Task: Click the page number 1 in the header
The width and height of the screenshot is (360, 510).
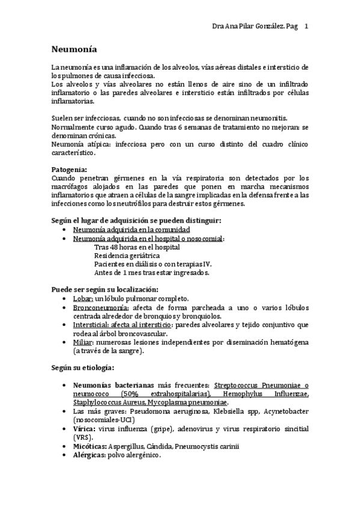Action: [307, 26]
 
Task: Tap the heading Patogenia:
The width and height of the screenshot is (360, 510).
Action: [69, 170]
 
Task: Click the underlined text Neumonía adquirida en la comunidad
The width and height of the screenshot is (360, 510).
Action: [131, 230]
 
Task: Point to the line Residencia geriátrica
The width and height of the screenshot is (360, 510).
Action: [126, 255]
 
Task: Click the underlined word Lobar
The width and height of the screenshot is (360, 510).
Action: [82, 298]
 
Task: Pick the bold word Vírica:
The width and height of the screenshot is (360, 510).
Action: [84, 429]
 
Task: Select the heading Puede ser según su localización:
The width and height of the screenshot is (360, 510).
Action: [105, 289]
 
